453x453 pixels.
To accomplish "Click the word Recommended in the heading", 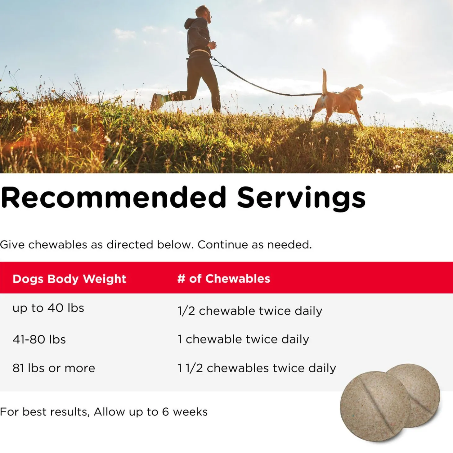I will tap(114, 198).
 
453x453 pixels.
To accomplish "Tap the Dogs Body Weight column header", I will tap(69, 279).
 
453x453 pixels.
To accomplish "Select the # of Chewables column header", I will tap(224, 279).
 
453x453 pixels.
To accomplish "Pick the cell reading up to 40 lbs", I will tap(48, 308).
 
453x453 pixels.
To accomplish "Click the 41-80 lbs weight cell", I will tap(39, 339).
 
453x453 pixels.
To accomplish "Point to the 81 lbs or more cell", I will tap(54, 368).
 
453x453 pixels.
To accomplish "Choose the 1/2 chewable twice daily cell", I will tap(250, 311).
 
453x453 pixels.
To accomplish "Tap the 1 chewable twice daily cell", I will tap(243, 339).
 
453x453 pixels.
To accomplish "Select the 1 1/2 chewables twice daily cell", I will tap(257, 368).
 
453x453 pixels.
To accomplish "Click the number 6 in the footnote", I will tap(165, 412).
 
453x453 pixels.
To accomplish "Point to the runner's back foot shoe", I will tap(157, 102).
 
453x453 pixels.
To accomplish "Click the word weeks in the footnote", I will tap(190, 412).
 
